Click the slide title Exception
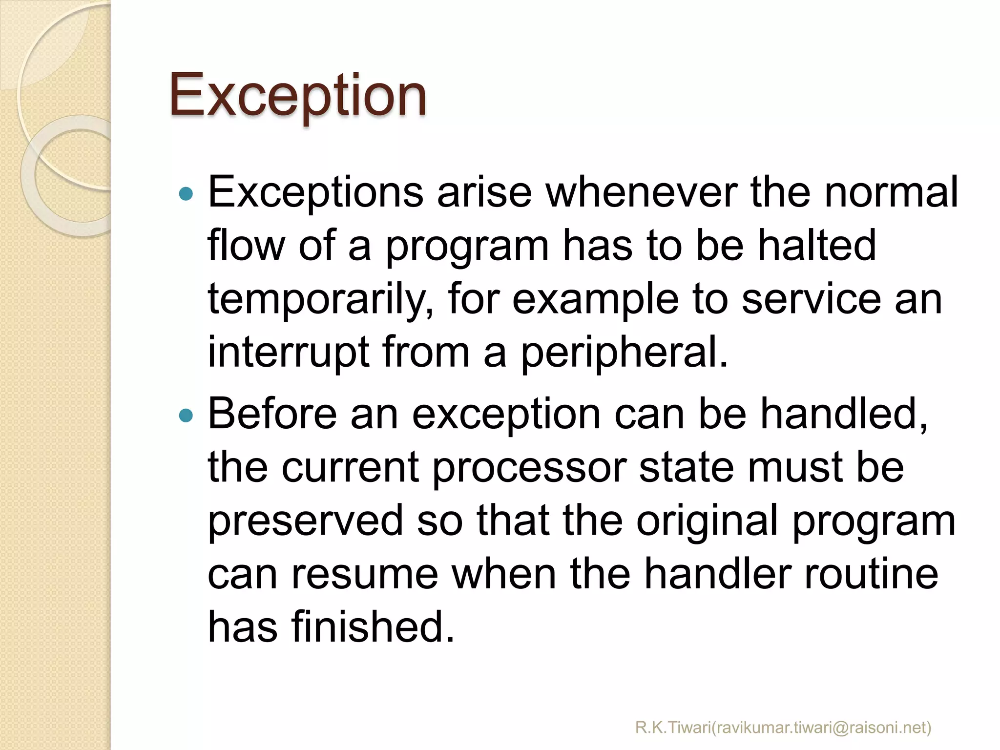click(x=298, y=95)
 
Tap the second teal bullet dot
click(x=186, y=416)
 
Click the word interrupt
click(x=288, y=352)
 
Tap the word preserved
click(x=306, y=521)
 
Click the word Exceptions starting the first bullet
click(x=315, y=193)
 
